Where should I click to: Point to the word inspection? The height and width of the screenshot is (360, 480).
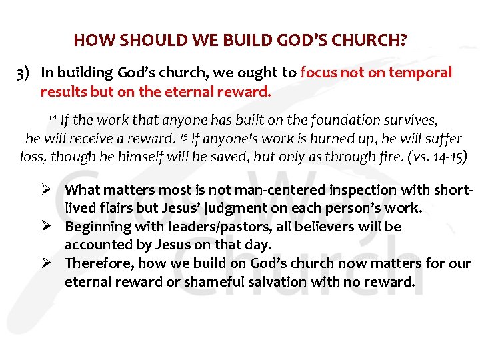coord(343,190)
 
